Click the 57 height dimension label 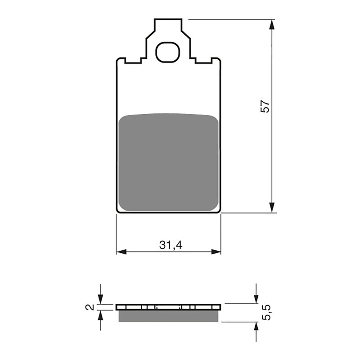pos(266,106)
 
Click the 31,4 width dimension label pos(169,245)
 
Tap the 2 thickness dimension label pos(90,307)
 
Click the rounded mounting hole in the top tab pos(168,52)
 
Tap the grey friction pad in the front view pos(169,162)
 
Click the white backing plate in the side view pos(169,307)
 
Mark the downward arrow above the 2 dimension pos(100,299)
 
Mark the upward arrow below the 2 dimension pos(100,316)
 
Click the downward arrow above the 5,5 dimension pos(256,298)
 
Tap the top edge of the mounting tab pos(168,19)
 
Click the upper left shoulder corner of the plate pos(118,59)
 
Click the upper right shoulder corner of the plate pos(219,59)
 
